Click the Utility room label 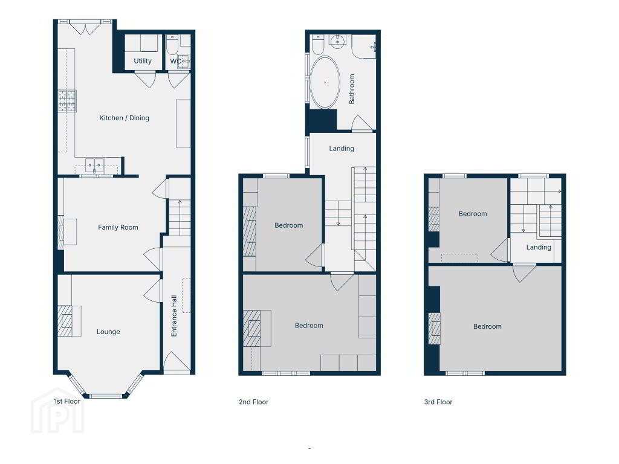point(143,61)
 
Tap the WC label point(176,61)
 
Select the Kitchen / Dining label point(124,118)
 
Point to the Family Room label point(118,227)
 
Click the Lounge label point(108,332)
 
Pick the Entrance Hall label point(173,316)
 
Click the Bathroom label point(351,89)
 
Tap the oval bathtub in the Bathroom point(325,82)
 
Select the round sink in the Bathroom point(337,41)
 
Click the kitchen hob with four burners point(67,101)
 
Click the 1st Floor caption point(67,401)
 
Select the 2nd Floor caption point(253,402)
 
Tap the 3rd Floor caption point(438,402)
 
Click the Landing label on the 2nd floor point(342,149)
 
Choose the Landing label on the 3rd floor point(539,247)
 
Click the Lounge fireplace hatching point(65,321)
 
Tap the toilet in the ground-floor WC point(172,45)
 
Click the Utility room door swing point(145,80)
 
